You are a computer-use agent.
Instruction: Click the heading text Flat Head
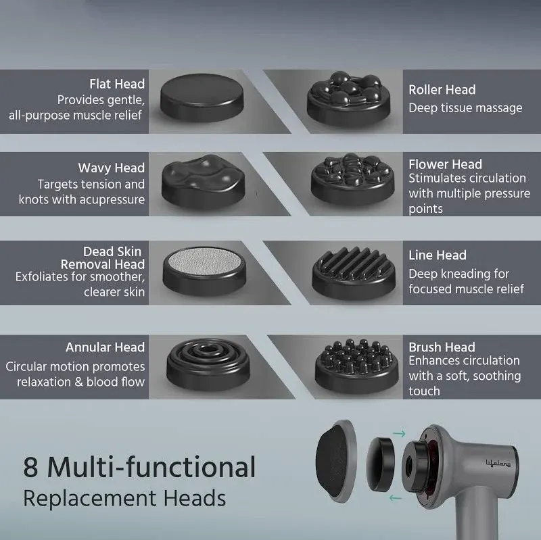pos(117,84)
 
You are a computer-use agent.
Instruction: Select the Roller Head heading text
pos(442,90)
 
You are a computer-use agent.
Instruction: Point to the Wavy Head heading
pos(111,168)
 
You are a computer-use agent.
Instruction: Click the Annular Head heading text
pos(105,347)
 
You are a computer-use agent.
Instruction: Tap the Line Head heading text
pos(438,255)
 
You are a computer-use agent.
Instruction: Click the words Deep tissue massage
pos(465,108)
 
